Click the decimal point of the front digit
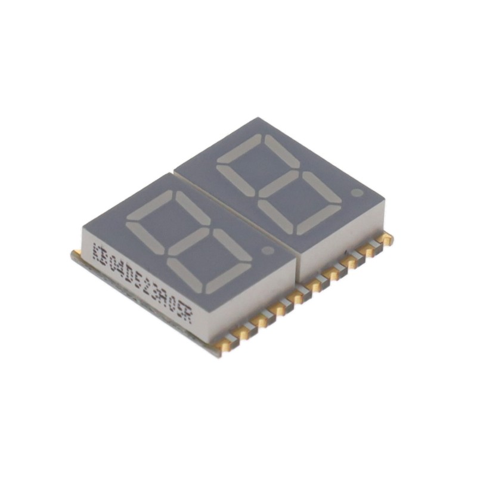pos(268,251)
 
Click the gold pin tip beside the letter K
pos(76,255)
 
